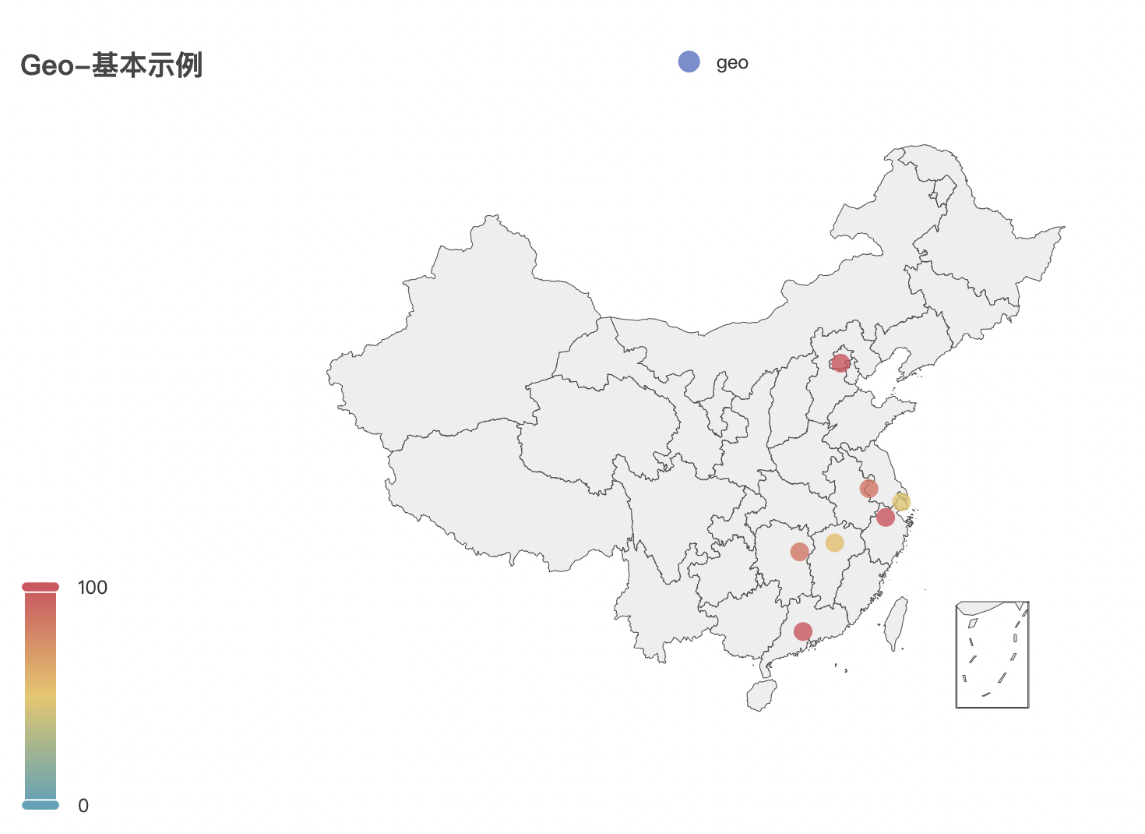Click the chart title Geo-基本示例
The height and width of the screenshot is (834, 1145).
[x=111, y=65]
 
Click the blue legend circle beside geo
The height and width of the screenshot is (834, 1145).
[x=689, y=62]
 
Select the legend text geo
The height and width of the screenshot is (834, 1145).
[x=732, y=63]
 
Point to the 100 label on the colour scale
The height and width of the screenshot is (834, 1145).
[x=93, y=588]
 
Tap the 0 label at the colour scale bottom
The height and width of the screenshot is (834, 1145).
[x=83, y=806]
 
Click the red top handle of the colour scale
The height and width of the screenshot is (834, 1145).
[x=41, y=586]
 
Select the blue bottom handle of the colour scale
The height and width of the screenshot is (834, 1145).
[x=41, y=804]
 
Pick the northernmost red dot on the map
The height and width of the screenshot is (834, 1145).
[x=840, y=362]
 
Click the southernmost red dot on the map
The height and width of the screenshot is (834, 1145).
[x=803, y=631]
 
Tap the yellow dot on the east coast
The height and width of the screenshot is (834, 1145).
[x=901, y=503]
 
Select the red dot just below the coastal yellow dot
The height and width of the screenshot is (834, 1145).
[x=886, y=517]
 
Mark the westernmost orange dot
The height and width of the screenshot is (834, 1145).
[x=799, y=552]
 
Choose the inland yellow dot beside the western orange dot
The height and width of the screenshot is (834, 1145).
[x=834, y=542]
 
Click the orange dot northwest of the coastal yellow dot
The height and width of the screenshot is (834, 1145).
[x=869, y=489]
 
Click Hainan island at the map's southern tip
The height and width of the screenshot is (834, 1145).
[x=762, y=694]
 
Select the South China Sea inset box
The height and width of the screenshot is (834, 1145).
[x=992, y=655]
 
